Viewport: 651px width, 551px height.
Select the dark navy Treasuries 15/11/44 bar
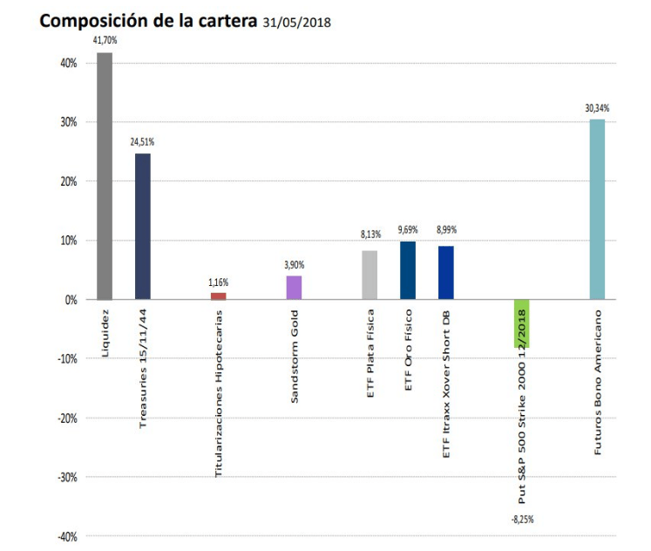click(142, 227)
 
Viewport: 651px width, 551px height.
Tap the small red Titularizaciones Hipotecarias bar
click(218, 296)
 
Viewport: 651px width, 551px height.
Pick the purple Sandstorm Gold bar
click(294, 288)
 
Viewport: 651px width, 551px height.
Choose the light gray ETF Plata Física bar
click(370, 275)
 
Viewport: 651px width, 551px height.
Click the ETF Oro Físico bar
click(408, 270)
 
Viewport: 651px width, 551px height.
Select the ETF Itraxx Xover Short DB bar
click(446, 273)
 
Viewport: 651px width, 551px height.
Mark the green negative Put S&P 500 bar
click(522, 323)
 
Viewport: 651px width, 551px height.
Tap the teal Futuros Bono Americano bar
click(597, 209)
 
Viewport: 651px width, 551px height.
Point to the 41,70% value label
click(105, 40)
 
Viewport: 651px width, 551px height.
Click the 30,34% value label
click(597, 108)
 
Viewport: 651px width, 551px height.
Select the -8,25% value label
click(521, 520)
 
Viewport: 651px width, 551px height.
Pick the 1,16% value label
click(218, 282)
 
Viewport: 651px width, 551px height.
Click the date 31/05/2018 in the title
click(297, 21)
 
